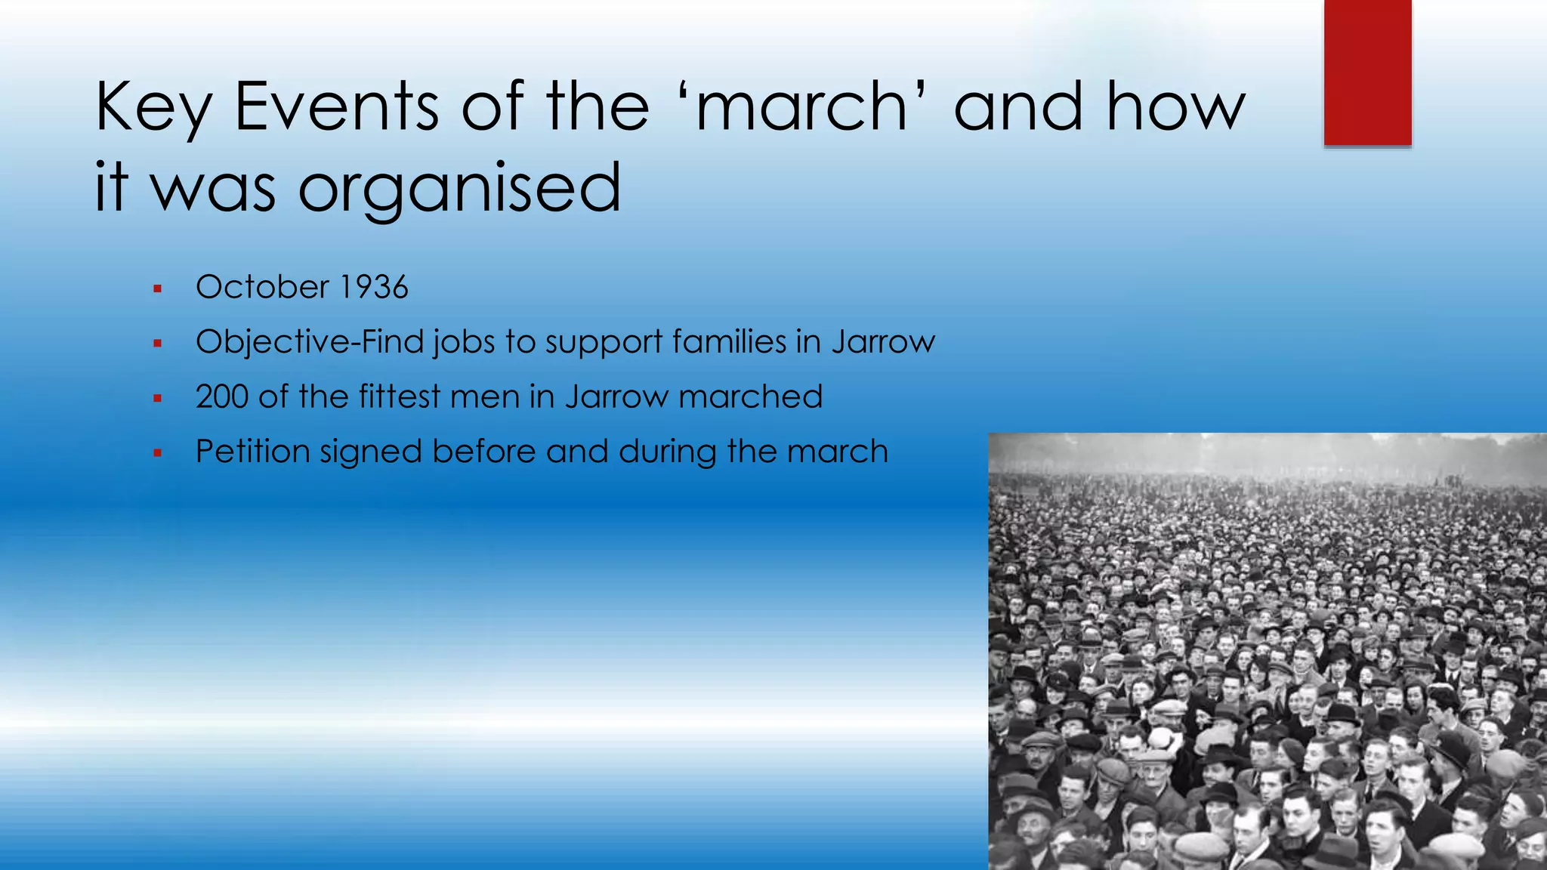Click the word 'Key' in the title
click(153, 108)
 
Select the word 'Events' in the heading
click(337, 106)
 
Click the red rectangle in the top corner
click(1367, 72)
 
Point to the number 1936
click(373, 287)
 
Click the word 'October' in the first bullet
click(262, 287)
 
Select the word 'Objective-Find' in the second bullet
click(310, 342)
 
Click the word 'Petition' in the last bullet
click(252, 452)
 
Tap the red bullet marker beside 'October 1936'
click(157, 288)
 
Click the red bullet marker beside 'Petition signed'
click(157, 453)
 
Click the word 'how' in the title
click(1175, 106)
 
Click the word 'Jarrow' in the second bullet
click(884, 342)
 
